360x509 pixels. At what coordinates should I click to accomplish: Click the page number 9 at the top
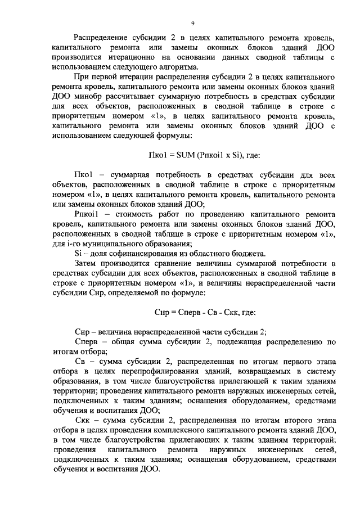click(192, 23)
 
